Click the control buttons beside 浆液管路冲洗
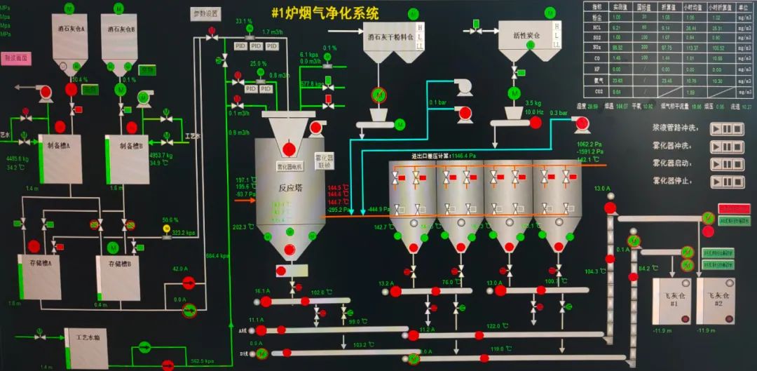coord(726,129)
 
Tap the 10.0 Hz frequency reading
coord(536,112)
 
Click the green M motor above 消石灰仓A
coord(69,8)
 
